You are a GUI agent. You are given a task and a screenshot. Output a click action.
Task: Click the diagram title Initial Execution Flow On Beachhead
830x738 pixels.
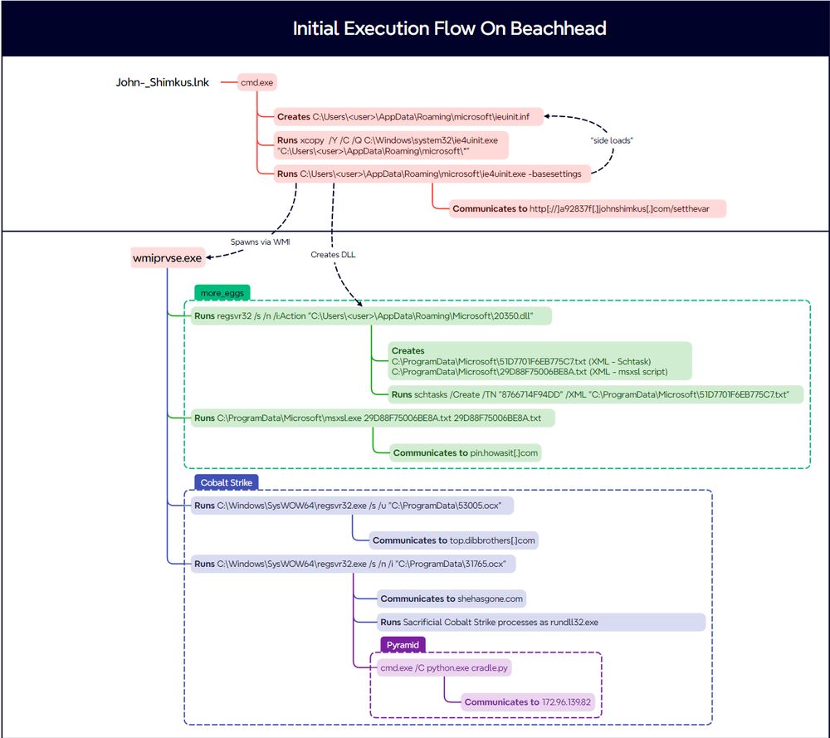point(449,28)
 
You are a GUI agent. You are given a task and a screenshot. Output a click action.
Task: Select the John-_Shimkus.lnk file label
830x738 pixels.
point(163,83)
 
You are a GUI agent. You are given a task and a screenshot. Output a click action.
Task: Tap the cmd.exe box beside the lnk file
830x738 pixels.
point(257,83)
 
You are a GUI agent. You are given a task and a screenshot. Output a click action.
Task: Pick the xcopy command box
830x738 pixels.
point(390,146)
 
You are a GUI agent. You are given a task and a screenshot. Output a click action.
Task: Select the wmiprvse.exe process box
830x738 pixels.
point(167,258)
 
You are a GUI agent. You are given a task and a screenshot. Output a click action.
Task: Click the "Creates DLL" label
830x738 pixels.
point(333,254)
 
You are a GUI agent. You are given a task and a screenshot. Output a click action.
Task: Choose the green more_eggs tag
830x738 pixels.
point(222,292)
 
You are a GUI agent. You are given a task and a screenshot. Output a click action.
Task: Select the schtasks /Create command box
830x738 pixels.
point(596,393)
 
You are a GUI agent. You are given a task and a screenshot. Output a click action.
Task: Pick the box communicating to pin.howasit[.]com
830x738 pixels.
point(466,452)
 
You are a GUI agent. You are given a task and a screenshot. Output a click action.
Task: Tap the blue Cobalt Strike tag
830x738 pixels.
point(226,482)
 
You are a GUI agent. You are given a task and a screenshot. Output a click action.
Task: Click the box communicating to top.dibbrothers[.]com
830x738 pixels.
point(454,540)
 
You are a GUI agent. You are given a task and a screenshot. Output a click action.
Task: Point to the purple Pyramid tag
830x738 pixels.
point(403,645)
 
